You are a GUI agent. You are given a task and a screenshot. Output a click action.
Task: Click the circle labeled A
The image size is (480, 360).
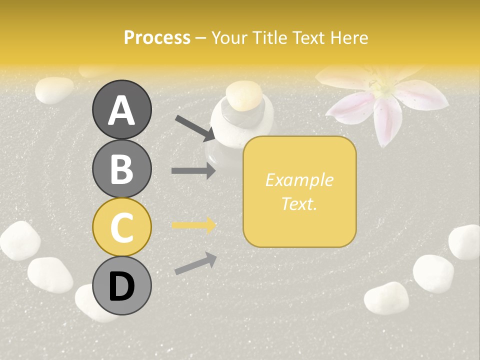122,109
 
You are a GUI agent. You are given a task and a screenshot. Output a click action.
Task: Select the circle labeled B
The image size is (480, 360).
122,168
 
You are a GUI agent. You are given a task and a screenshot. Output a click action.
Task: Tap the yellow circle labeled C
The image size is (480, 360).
122,227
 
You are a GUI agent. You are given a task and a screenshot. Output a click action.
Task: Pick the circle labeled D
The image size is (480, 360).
122,285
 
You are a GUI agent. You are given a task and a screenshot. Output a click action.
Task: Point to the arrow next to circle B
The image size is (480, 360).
193,170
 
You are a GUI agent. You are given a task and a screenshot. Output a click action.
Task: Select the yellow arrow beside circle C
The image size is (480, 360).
193,225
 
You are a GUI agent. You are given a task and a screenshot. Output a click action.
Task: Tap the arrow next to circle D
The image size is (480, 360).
195,263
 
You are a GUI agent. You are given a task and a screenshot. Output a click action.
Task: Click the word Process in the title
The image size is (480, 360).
157,38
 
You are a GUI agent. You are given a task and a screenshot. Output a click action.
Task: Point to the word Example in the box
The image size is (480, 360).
299,180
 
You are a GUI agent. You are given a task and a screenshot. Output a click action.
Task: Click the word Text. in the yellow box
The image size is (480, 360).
299,203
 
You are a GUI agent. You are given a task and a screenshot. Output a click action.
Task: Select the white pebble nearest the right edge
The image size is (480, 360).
465,242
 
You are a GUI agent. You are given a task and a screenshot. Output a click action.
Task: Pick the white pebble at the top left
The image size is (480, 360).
54,90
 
